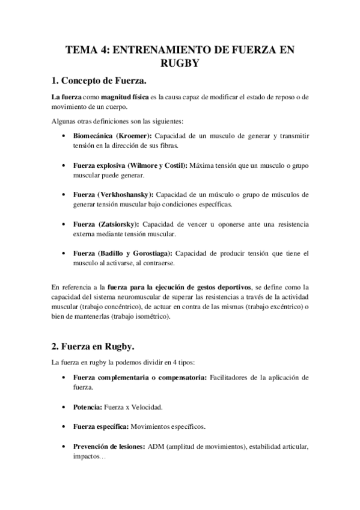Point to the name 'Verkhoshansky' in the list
pos(127,195)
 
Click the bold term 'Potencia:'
pos(87,407)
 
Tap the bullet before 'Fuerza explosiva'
pos(64,165)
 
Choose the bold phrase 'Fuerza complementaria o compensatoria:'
pos(140,378)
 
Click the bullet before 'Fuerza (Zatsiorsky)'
pos(64,224)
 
